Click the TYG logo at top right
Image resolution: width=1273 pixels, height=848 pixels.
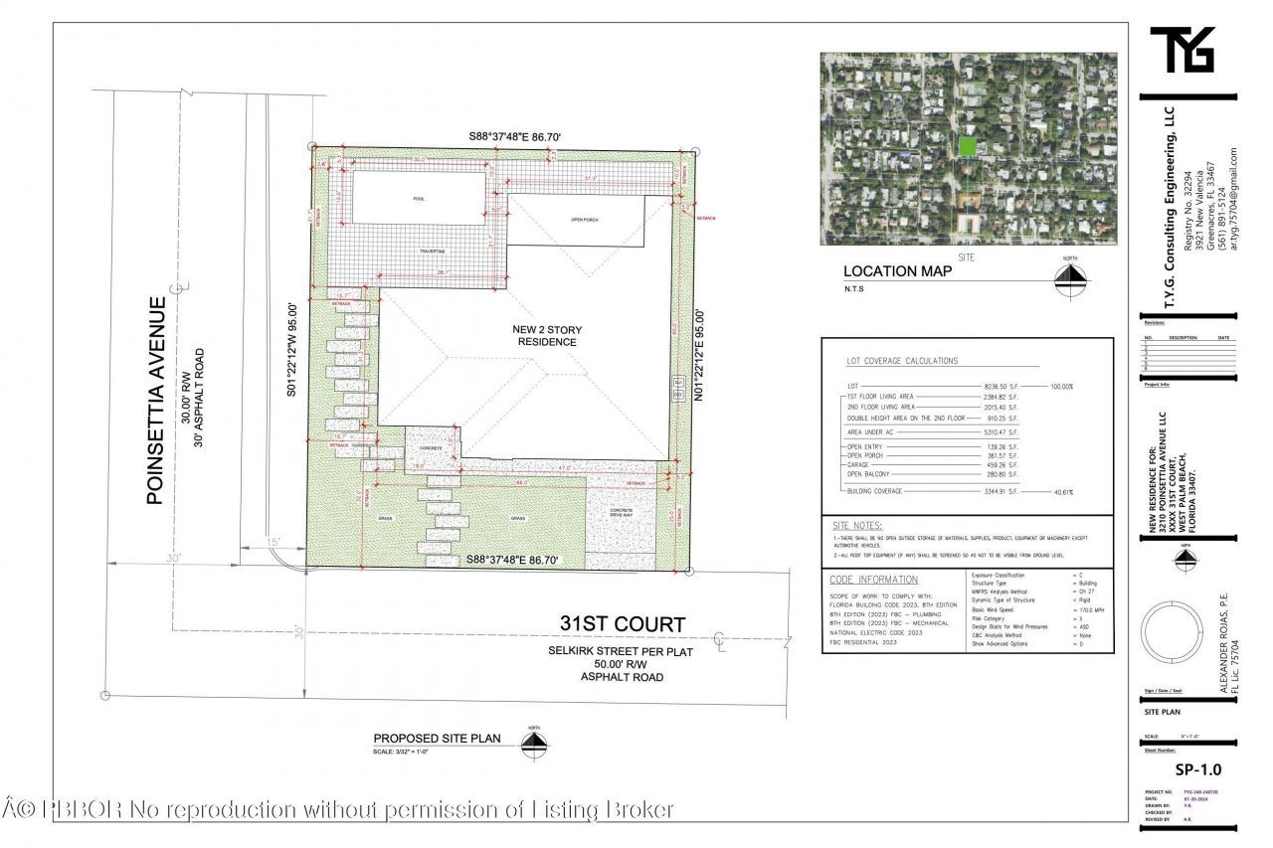[1182, 50]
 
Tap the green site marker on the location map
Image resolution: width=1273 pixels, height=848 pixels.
[966, 146]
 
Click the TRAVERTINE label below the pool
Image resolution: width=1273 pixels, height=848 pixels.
[433, 252]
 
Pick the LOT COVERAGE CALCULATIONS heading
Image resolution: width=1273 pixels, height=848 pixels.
[901, 361]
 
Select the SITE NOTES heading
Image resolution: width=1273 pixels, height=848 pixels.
[857, 525]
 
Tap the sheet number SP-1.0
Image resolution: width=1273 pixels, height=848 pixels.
[1197, 769]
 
